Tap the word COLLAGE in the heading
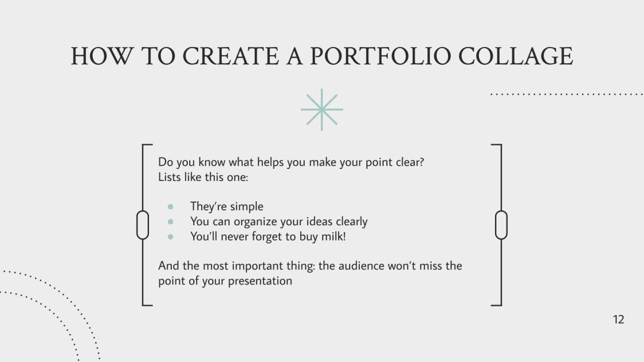(516, 56)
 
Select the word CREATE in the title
(233, 56)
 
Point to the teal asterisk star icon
(322, 109)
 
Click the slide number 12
(618, 319)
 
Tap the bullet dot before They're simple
(170, 207)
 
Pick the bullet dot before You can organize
(170, 222)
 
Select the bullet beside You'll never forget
(170, 236)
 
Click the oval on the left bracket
(143, 225)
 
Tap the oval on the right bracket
(501, 225)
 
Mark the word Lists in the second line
(170, 177)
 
